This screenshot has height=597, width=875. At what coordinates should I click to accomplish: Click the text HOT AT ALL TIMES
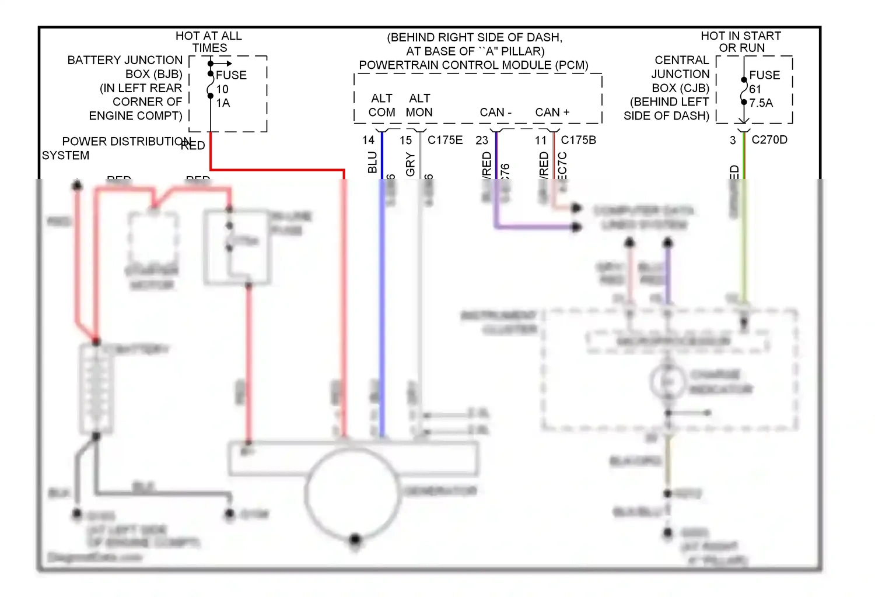coord(209,42)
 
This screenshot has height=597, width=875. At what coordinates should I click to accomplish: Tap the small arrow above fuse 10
coord(222,63)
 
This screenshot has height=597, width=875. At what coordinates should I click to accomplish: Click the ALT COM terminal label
coord(382,106)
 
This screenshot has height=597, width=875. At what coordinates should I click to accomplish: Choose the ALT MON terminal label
coord(419,106)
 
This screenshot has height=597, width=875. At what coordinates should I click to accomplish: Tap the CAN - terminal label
coord(495,112)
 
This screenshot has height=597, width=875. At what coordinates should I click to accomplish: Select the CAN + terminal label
coord(552,112)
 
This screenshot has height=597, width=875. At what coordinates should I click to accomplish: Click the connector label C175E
coord(445,140)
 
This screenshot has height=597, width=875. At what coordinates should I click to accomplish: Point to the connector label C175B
coord(578,140)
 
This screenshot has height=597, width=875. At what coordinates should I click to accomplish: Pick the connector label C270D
coord(769,140)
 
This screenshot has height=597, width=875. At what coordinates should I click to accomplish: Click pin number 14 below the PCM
coord(368,140)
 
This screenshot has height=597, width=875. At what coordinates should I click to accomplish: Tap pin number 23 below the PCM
coord(482,141)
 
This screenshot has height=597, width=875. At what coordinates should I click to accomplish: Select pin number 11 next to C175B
coord(541,141)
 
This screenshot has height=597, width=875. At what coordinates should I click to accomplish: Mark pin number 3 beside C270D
coord(733,141)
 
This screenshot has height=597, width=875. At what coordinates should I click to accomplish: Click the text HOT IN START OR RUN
coord(741,42)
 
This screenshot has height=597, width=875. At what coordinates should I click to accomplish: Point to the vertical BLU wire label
coord(372,163)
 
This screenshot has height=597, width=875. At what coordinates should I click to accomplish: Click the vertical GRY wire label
coord(410,164)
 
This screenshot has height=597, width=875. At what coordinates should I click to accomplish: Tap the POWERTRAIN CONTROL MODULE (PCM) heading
coord(474,65)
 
